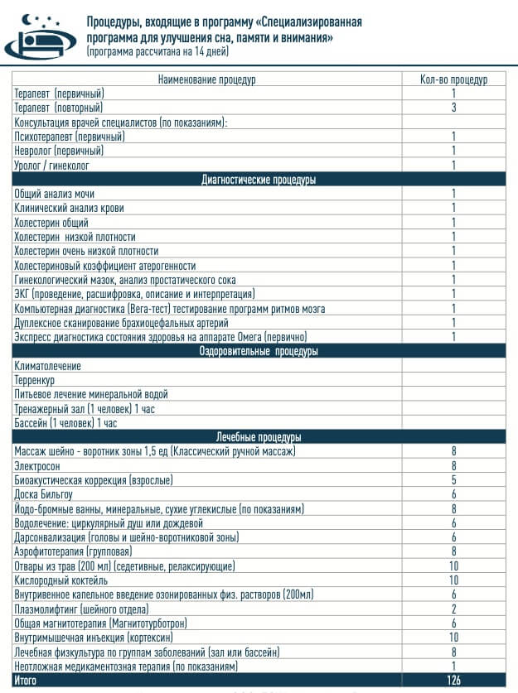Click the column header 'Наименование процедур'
point(206,79)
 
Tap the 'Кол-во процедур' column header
point(453,79)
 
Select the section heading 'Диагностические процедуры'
point(259,180)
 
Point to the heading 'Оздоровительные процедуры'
point(259,351)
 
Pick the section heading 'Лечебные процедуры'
point(259,436)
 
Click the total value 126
point(453,680)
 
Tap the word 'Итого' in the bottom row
point(26,680)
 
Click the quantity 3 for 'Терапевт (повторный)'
point(453,108)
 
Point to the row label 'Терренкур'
point(36,379)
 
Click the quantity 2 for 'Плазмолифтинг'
point(453,609)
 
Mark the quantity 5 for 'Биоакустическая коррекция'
point(453,479)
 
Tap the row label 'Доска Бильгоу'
point(44,493)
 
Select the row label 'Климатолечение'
point(47,365)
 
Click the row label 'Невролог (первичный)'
point(59,151)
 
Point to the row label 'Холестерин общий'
point(51,222)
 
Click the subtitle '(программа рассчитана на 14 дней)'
point(157,51)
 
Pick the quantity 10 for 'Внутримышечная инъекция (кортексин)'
point(453,637)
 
